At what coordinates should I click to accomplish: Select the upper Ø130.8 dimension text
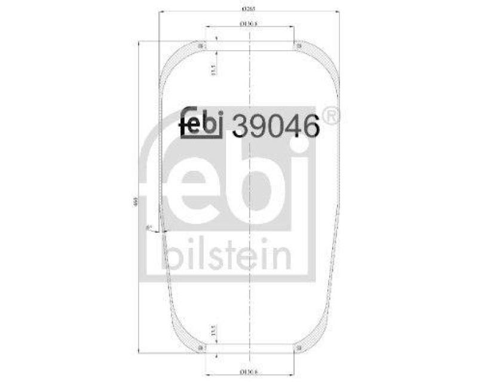(x=249, y=23)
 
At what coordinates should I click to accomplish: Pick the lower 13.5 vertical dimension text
(x=213, y=331)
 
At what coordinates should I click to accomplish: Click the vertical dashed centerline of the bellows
(x=249, y=197)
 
